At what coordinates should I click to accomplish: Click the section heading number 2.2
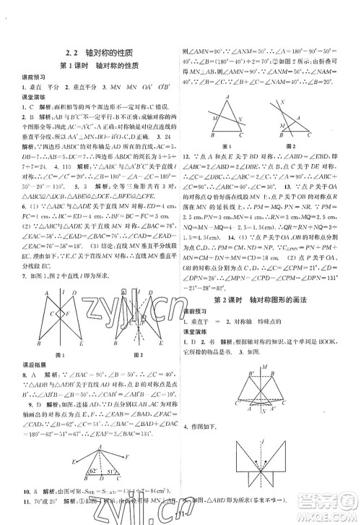click(x=69, y=52)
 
